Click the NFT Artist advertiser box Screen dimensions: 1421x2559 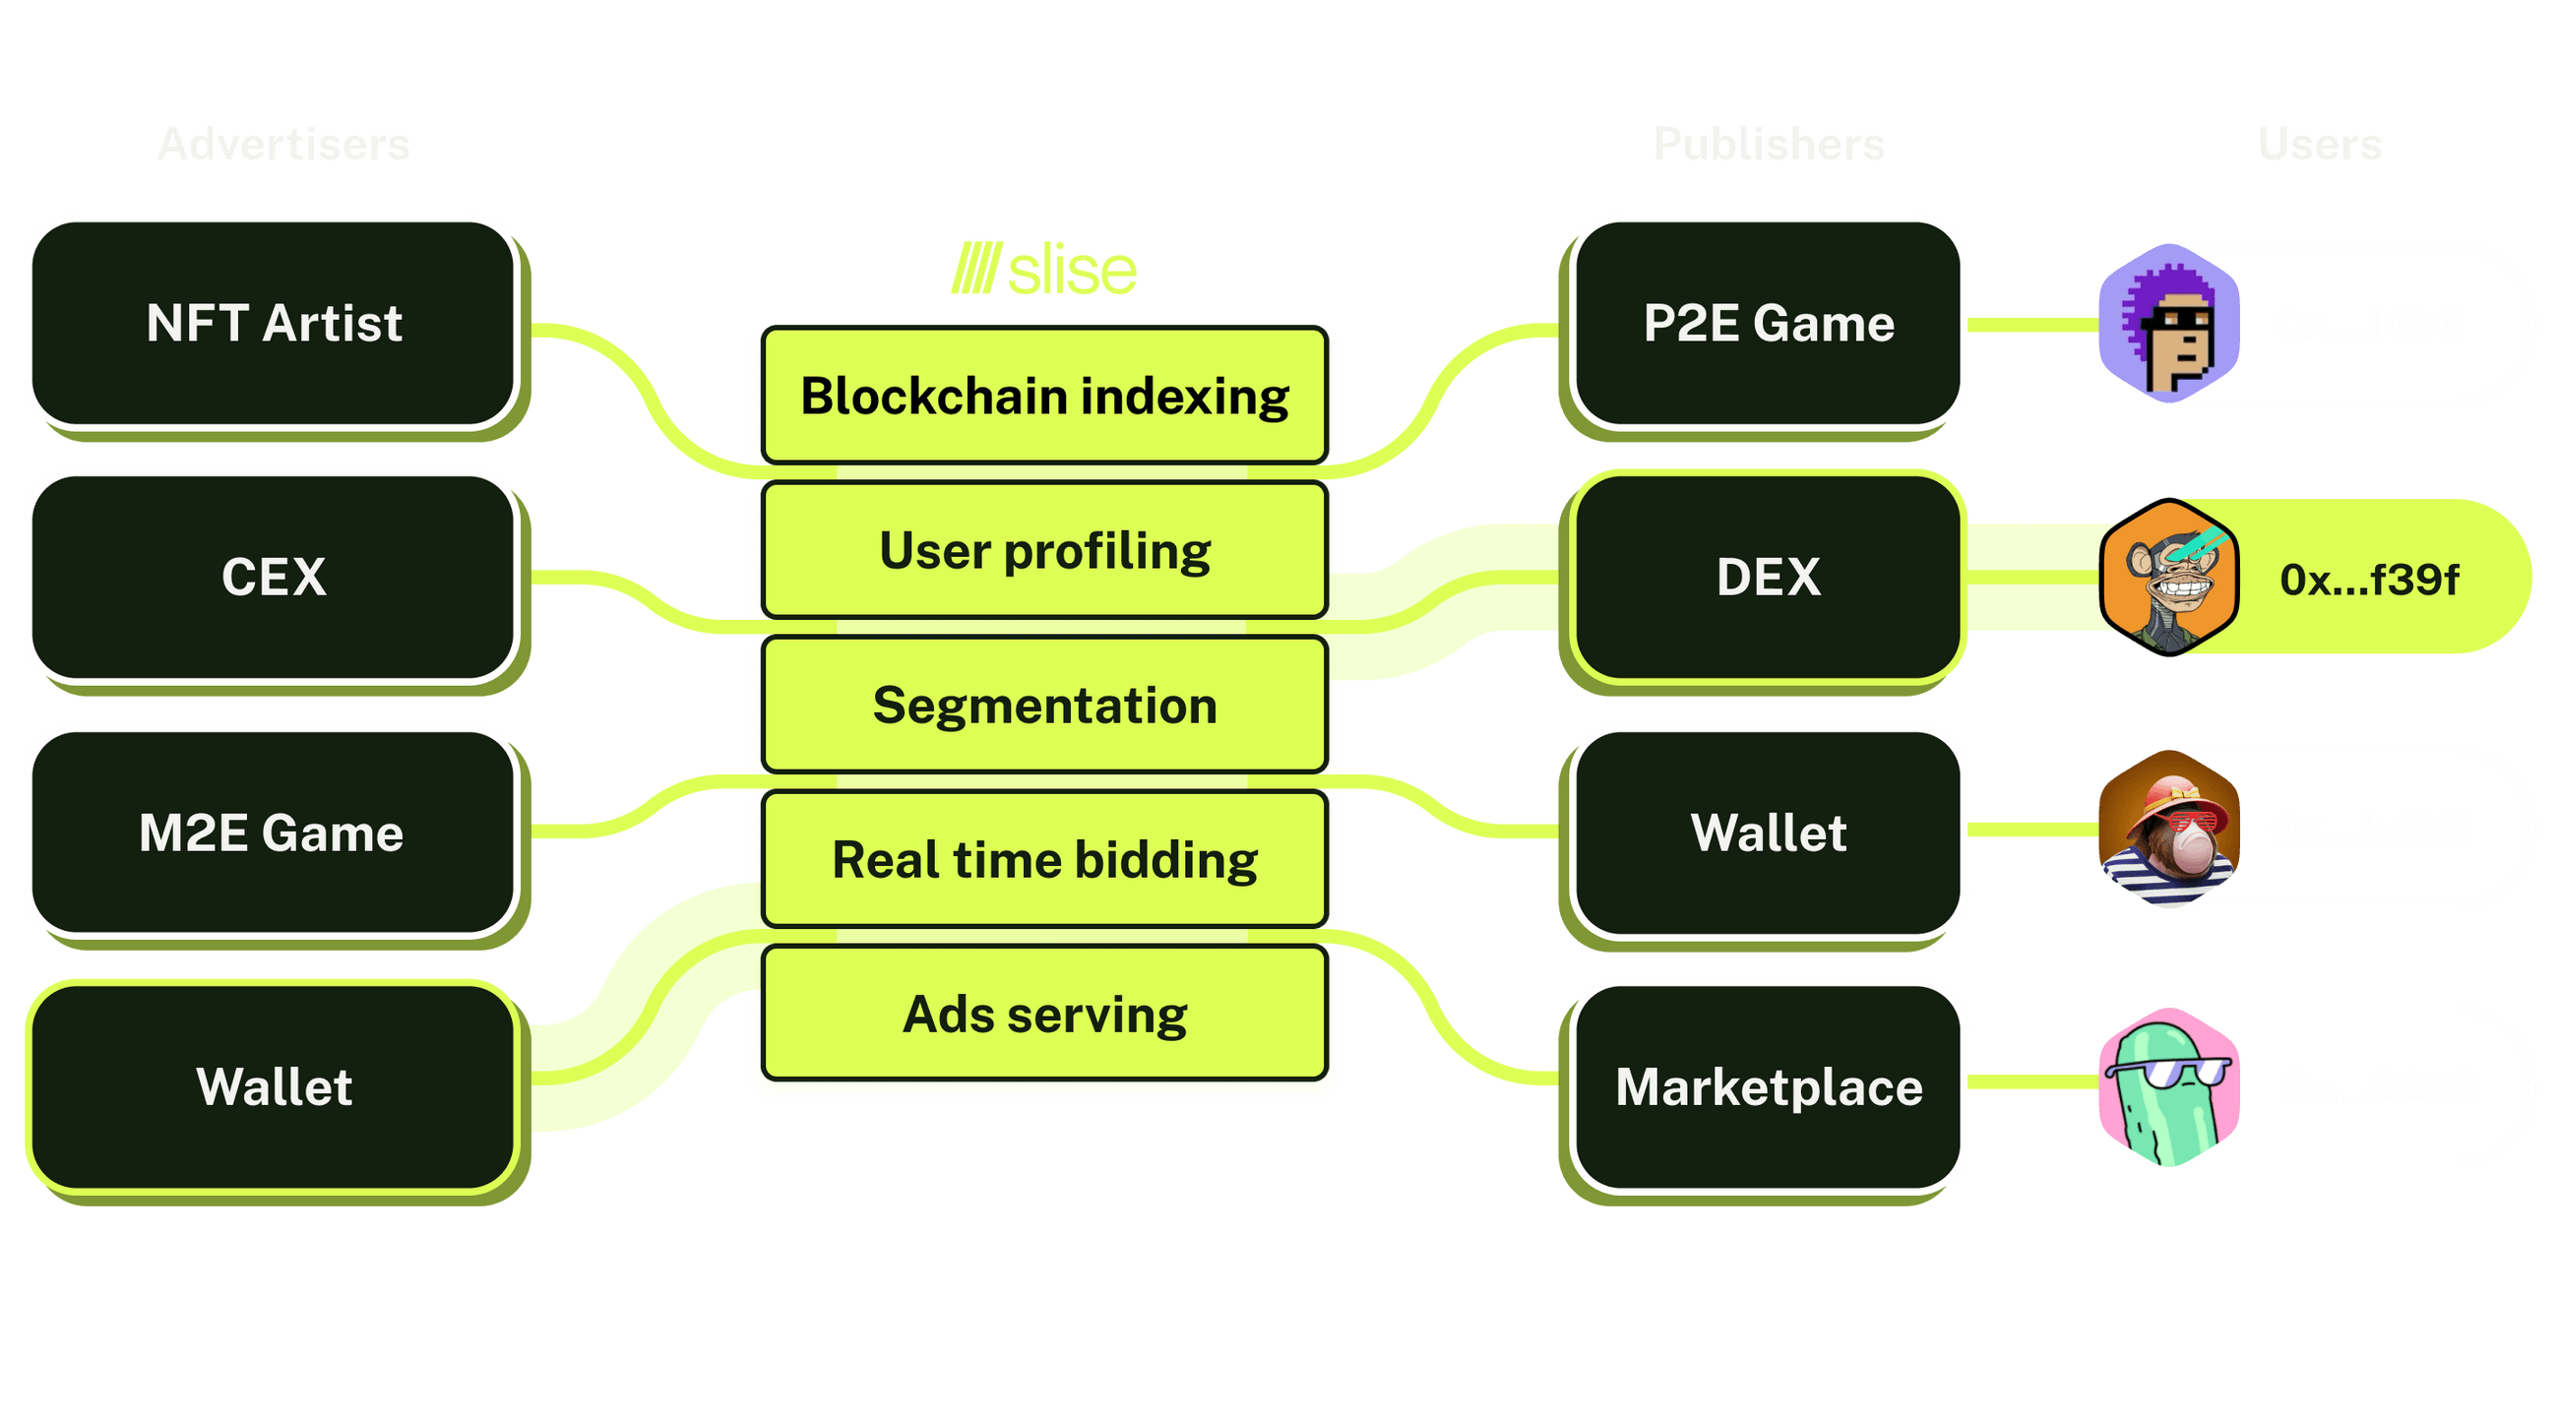coord(274,324)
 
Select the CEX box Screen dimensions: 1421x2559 coord(274,577)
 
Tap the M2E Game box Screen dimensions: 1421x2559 coord(274,833)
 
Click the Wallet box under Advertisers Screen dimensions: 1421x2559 coord(274,1086)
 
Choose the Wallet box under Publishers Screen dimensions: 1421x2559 coord(1768,833)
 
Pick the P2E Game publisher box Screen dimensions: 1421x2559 coord(1768,324)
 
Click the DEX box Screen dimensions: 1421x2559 coord(1768,577)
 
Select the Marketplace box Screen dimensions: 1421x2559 coord(1768,1086)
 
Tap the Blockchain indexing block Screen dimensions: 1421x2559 coord(1044,397)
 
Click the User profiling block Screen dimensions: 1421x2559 coord(1044,551)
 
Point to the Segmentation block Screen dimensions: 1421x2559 coord(1044,706)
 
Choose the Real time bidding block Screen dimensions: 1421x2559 coord(1044,860)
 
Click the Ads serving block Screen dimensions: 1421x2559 coord(1044,1015)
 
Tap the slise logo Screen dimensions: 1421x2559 coord(1044,269)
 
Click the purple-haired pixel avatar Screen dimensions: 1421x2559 coord(2169,324)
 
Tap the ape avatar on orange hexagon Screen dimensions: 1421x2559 coord(2169,577)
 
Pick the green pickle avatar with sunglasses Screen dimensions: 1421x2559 coord(2169,1086)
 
